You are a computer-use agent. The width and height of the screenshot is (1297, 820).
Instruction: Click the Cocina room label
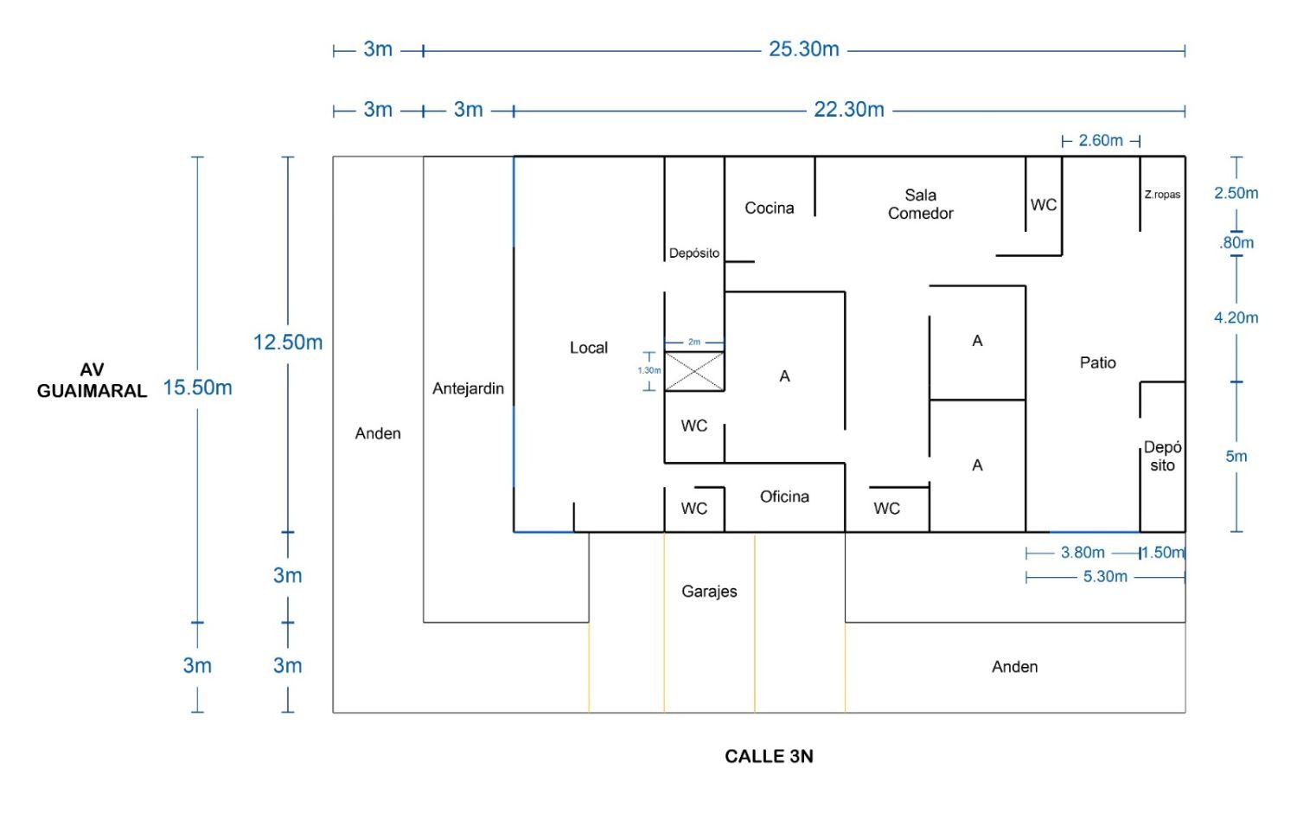click(769, 208)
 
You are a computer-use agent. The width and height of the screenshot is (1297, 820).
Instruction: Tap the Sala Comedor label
click(920, 204)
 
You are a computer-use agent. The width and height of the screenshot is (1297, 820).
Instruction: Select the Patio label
click(1097, 362)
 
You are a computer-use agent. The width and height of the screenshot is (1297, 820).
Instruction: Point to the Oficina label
click(784, 496)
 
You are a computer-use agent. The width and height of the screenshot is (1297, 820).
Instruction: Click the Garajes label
click(709, 592)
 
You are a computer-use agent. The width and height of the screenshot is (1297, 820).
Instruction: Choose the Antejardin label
click(468, 388)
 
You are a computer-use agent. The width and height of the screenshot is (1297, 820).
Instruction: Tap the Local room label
click(588, 348)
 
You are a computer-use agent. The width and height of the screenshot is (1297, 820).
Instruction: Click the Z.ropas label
click(1162, 195)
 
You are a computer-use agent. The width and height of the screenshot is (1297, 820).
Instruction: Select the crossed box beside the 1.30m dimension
click(694, 371)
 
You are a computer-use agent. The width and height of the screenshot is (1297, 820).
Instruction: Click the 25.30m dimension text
click(803, 49)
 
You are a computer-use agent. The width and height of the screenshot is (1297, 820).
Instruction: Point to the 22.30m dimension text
click(848, 110)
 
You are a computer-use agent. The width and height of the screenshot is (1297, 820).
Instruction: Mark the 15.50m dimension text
click(197, 388)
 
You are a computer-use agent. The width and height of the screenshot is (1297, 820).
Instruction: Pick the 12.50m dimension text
click(287, 343)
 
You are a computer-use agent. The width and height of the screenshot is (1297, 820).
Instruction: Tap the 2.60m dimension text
click(1100, 140)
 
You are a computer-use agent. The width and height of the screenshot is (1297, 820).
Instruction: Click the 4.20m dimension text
click(1236, 317)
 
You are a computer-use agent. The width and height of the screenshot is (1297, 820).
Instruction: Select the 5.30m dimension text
click(1105, 577)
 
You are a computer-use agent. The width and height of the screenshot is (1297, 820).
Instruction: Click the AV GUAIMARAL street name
click(92, 381)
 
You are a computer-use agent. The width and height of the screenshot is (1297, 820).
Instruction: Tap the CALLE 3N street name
click(769, 756)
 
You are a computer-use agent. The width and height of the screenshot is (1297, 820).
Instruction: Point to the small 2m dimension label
click(694, 343)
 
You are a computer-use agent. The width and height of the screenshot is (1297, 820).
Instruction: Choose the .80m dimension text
click(1236, 243)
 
